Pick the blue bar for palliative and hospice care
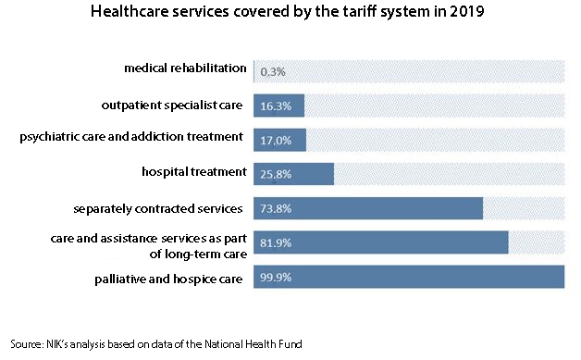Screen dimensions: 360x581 click(408, 279)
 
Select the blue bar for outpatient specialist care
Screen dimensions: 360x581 click(278, 106)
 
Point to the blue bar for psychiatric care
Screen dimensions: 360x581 click(279, 140)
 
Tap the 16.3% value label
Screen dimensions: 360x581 click(276, 106)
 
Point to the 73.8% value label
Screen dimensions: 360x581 click(276, 209)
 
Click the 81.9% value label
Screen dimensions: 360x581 click(276, 244)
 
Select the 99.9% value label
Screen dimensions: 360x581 click(276, 279)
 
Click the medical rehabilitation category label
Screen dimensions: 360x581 click(185, 68)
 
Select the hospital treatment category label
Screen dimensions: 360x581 click(193, 171)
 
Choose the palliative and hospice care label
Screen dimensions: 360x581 click(170, 279)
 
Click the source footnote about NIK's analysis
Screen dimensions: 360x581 click(156, 343)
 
